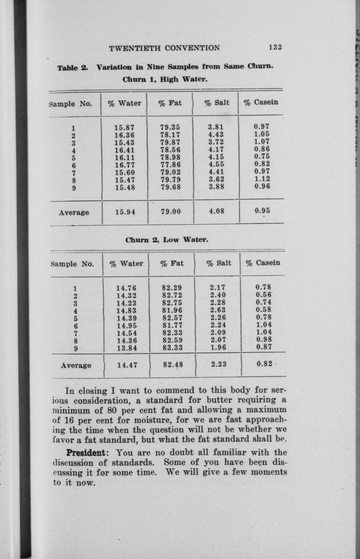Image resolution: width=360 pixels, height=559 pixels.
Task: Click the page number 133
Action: [x=275, y=47]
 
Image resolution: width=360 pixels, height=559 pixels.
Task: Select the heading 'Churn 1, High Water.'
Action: [x=165, y=79]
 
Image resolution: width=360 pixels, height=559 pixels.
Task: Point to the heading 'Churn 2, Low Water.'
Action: [x=167, y=239]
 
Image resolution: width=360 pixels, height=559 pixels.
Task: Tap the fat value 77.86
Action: [x=170, y=165]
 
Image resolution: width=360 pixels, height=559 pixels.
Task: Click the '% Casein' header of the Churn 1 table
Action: [x=261, y=102]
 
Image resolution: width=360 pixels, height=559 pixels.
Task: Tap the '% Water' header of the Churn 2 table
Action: [x=126, y=264]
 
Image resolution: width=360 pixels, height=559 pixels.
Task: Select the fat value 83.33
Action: [x=172, y=348]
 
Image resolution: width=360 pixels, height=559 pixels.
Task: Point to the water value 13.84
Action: [x=126, y=348]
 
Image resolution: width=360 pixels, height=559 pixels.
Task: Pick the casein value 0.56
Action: [x=263, y=294]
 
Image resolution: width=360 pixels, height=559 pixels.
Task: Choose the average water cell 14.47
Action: [x=127, y=365]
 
